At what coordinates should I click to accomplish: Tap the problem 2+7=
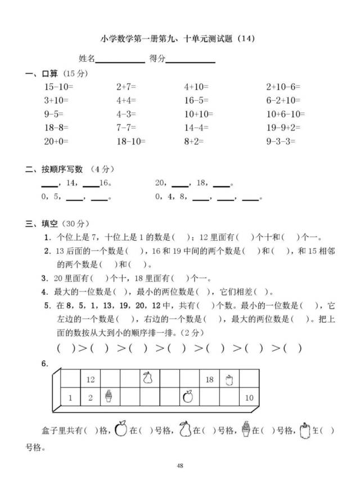point(127,87)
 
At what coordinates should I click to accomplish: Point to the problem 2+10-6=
point(283,87)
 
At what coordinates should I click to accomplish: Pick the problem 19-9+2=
point(283,128)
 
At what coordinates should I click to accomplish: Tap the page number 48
point(180,465)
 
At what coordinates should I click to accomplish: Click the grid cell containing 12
point(91,380)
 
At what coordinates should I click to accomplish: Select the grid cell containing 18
point(209,380)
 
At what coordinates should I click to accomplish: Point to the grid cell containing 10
point(250,398)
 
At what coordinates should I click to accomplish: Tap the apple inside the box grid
point(188,397)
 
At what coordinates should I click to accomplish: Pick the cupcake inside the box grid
point(109,397)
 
